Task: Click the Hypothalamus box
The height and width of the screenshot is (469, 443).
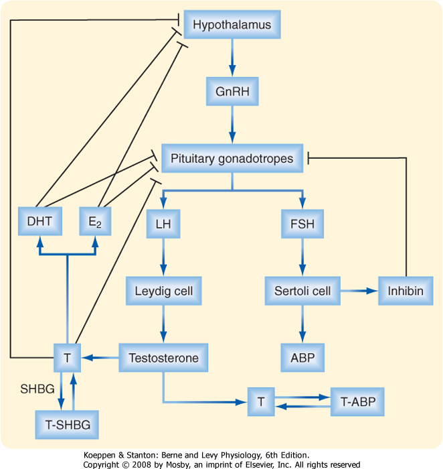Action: click(232, 25)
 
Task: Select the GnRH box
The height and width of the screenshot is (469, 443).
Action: click(232, 92)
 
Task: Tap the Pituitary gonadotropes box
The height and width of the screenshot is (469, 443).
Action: click(232, 159)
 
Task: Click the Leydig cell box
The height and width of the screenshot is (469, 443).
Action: click(163, 291)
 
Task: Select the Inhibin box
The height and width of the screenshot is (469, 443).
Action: click(406, 291)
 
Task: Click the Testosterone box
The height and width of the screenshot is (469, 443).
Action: click(163, 358)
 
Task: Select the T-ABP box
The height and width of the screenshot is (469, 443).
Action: click(358, 403)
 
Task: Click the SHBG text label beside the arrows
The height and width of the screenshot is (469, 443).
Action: click(32, 389)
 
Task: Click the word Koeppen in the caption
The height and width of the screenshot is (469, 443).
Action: click(104, 455)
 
